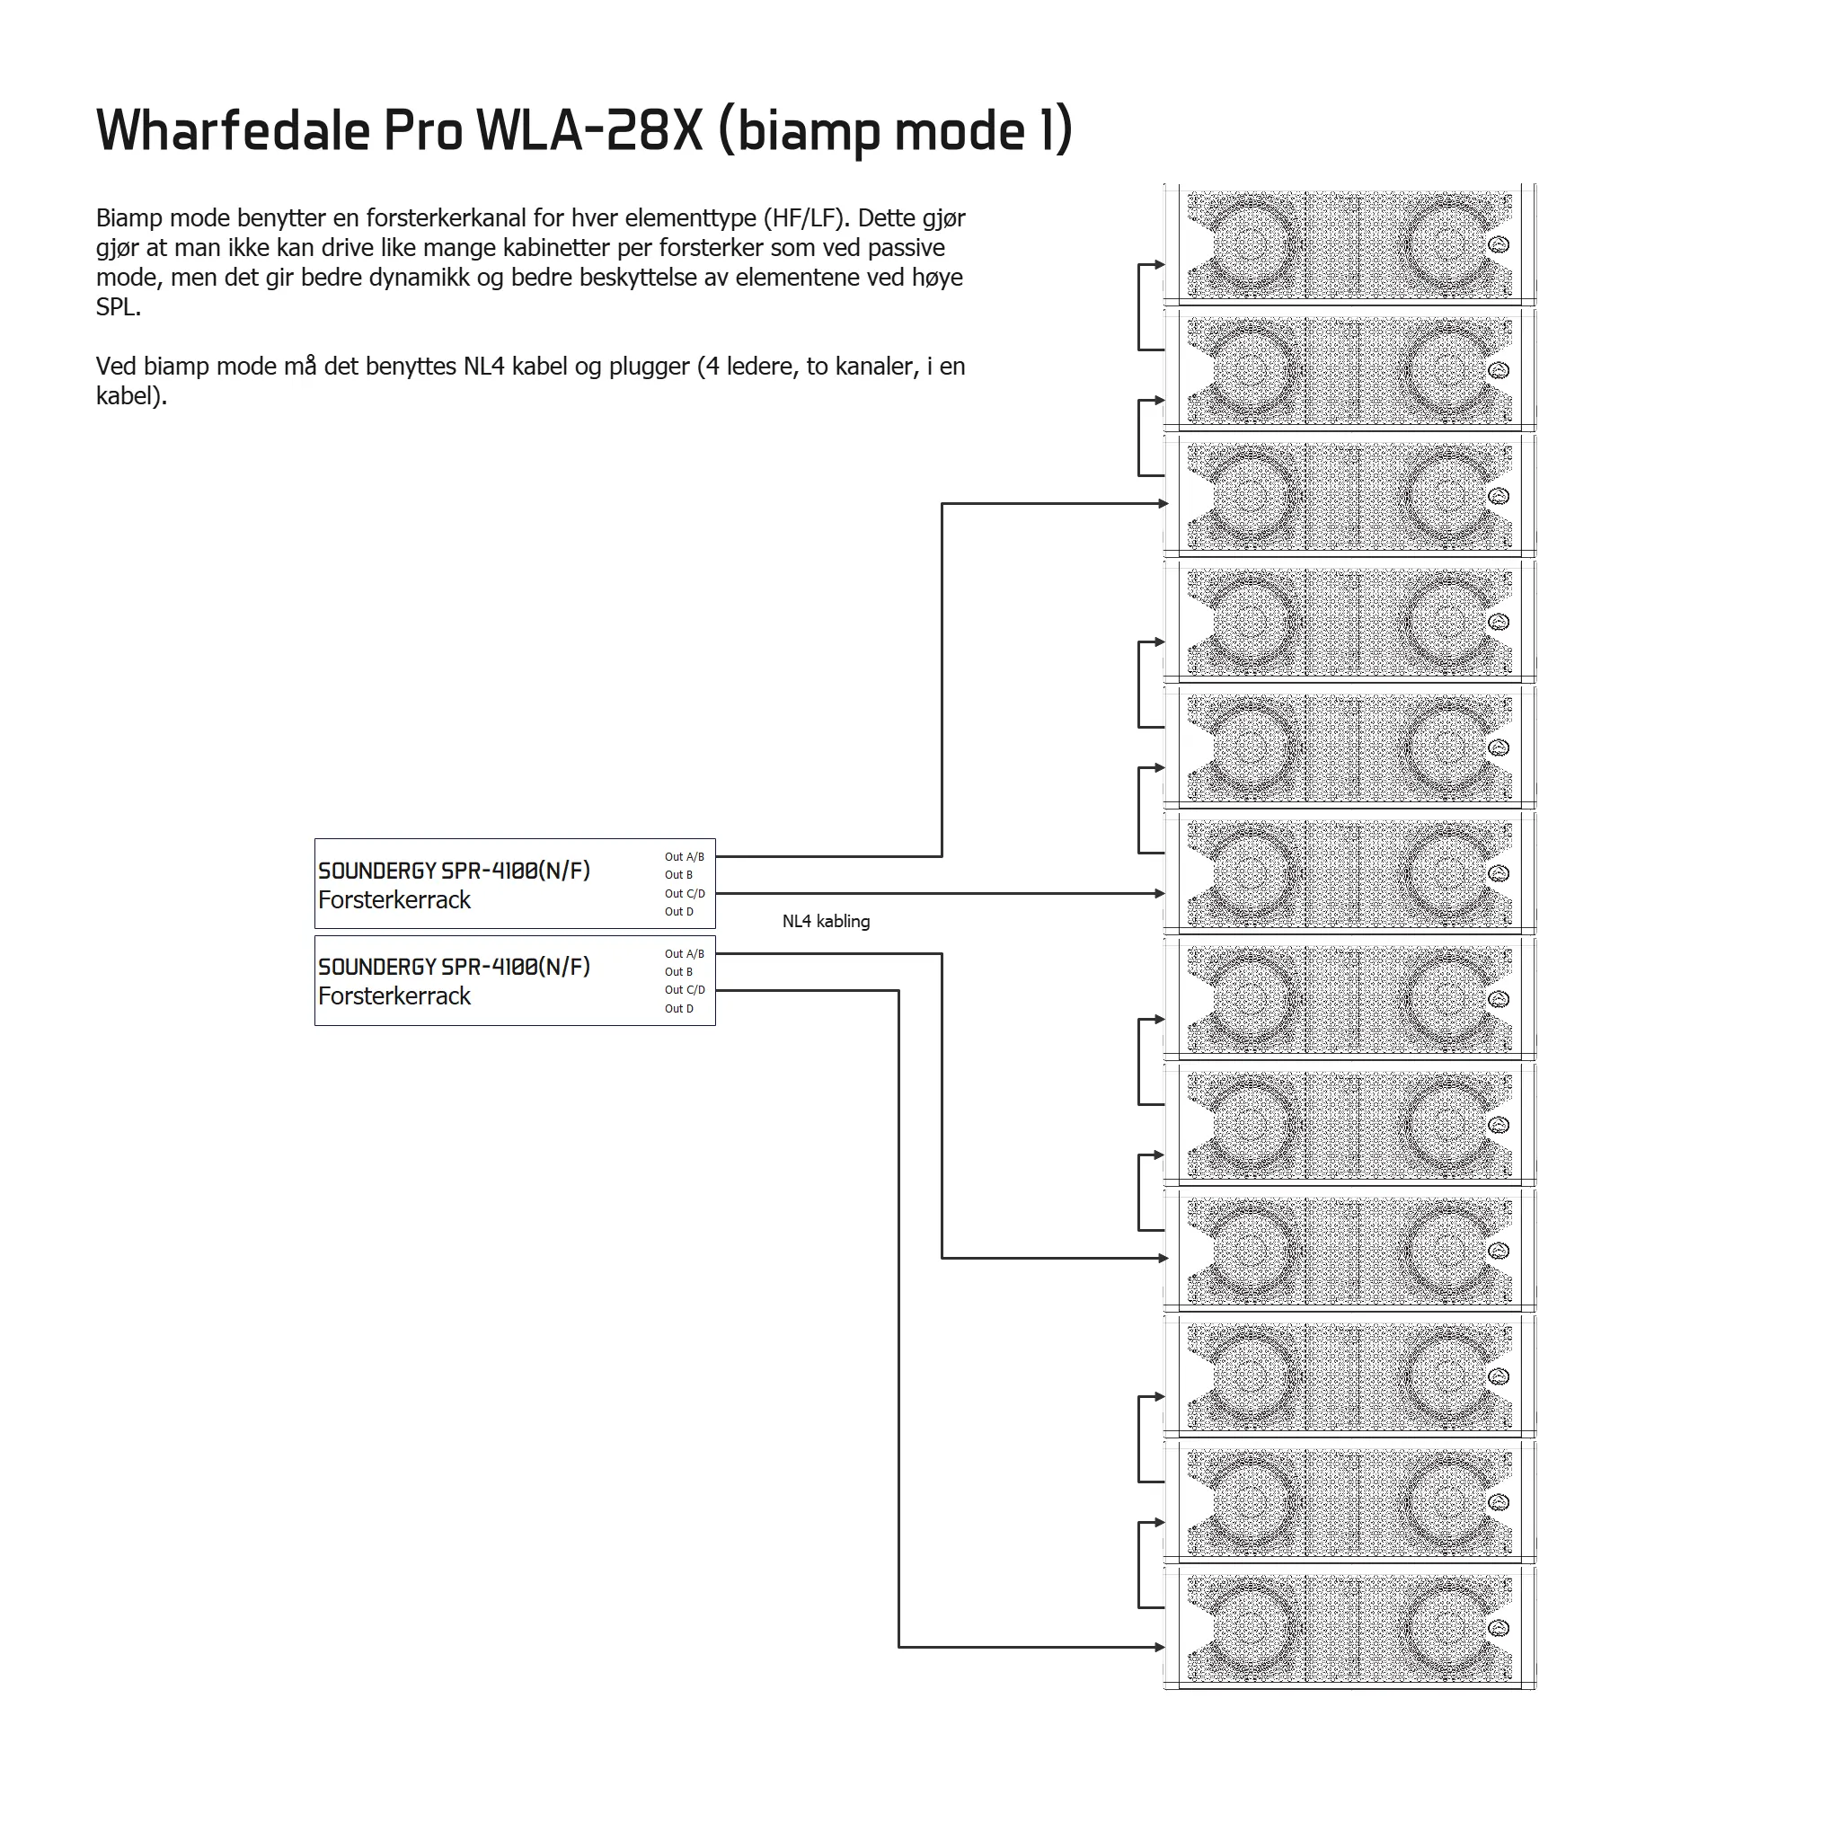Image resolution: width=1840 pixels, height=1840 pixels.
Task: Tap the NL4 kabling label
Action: [x=826, y=922]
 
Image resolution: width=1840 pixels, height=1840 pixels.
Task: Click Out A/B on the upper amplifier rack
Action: [x=685, y=857]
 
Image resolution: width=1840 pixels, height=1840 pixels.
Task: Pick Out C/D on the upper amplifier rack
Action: [x=685, y=893]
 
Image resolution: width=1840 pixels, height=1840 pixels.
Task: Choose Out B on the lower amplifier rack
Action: [x=679, y=972]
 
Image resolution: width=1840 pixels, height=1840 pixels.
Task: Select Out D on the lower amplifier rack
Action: [x=679, y=1009]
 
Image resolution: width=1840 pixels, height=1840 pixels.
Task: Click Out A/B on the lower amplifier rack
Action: [x=685, y=954]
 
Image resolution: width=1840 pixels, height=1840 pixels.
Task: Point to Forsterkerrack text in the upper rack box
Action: [x=394, y=900]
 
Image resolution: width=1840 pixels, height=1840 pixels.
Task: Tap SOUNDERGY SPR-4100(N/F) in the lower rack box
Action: [x=455, y=967]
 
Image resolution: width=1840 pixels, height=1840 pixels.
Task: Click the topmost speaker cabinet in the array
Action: [x=1349, y=244]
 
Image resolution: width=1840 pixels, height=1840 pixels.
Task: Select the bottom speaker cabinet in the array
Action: [x=1349, y=1628]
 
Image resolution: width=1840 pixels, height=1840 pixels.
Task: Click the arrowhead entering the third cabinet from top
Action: [x=1163, y=504]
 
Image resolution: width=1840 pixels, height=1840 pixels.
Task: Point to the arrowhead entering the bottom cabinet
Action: [x=1160, y=1647]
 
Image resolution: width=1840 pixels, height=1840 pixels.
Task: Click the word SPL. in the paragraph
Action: [x=118, y=307]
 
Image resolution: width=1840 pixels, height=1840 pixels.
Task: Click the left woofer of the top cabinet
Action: [x=1250, y=244]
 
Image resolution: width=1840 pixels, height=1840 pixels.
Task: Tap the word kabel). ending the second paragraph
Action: [x=131, y=397]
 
